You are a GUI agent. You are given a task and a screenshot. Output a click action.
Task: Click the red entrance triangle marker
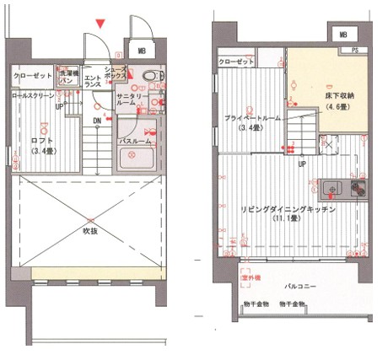click(102, 24)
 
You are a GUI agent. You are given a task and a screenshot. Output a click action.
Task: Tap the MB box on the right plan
click(342, 35)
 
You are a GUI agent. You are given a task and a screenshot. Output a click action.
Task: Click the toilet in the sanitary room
click(151, 77)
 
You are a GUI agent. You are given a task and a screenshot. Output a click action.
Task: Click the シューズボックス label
click(116, 73)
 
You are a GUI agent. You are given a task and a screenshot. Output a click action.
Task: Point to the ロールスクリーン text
click(33, 97)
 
